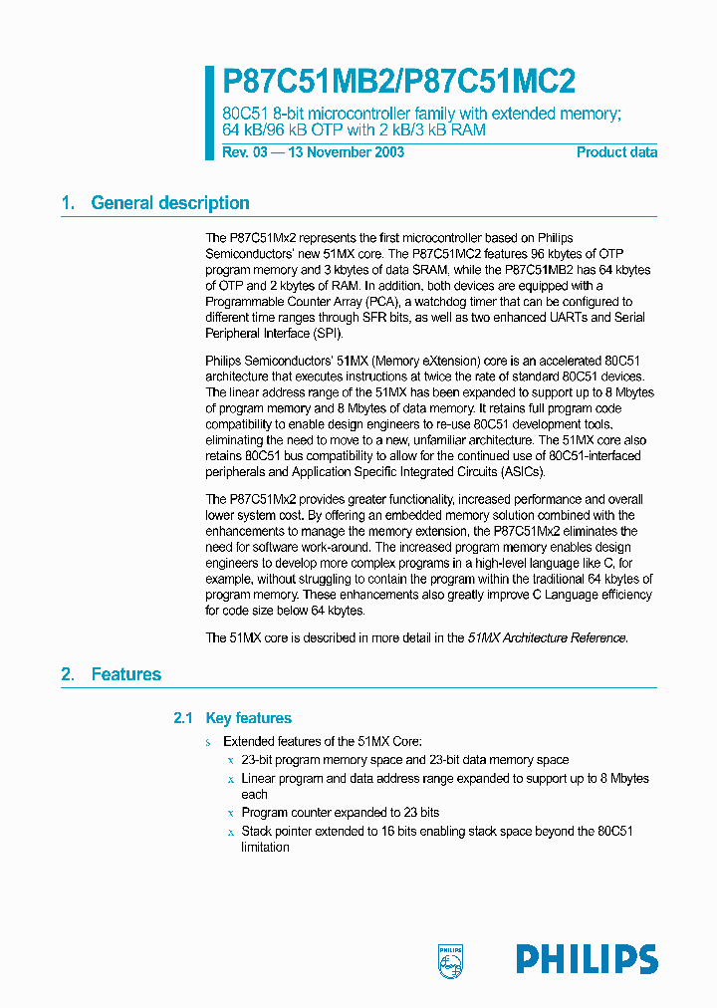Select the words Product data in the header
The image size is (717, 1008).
616,152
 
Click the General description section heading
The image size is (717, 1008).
170,203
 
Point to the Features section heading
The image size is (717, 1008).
125,674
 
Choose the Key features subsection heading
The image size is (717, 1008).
248,718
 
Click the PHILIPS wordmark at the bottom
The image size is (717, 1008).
587,959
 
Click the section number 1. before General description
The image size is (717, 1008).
68,203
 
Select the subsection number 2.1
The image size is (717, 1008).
181,718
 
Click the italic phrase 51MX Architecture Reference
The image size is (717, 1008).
547,638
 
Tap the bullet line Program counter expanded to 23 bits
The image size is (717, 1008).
340,813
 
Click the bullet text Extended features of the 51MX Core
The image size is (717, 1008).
323,742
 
